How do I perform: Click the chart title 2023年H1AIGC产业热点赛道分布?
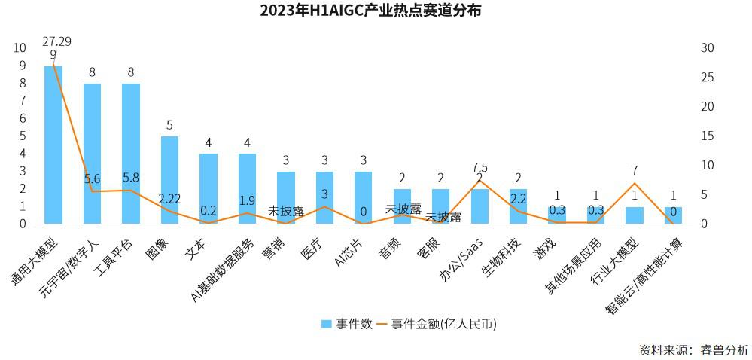370,11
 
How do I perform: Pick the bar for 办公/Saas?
480,206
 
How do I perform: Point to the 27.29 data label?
57,41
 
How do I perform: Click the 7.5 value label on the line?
480,167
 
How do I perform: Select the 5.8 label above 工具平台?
130,178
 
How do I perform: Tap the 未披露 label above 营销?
286,211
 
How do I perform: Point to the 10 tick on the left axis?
20,47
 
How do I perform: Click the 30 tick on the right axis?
707,47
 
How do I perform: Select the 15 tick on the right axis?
707,136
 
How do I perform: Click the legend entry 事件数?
347,324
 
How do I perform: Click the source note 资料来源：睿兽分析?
693,349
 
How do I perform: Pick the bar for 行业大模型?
635,215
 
